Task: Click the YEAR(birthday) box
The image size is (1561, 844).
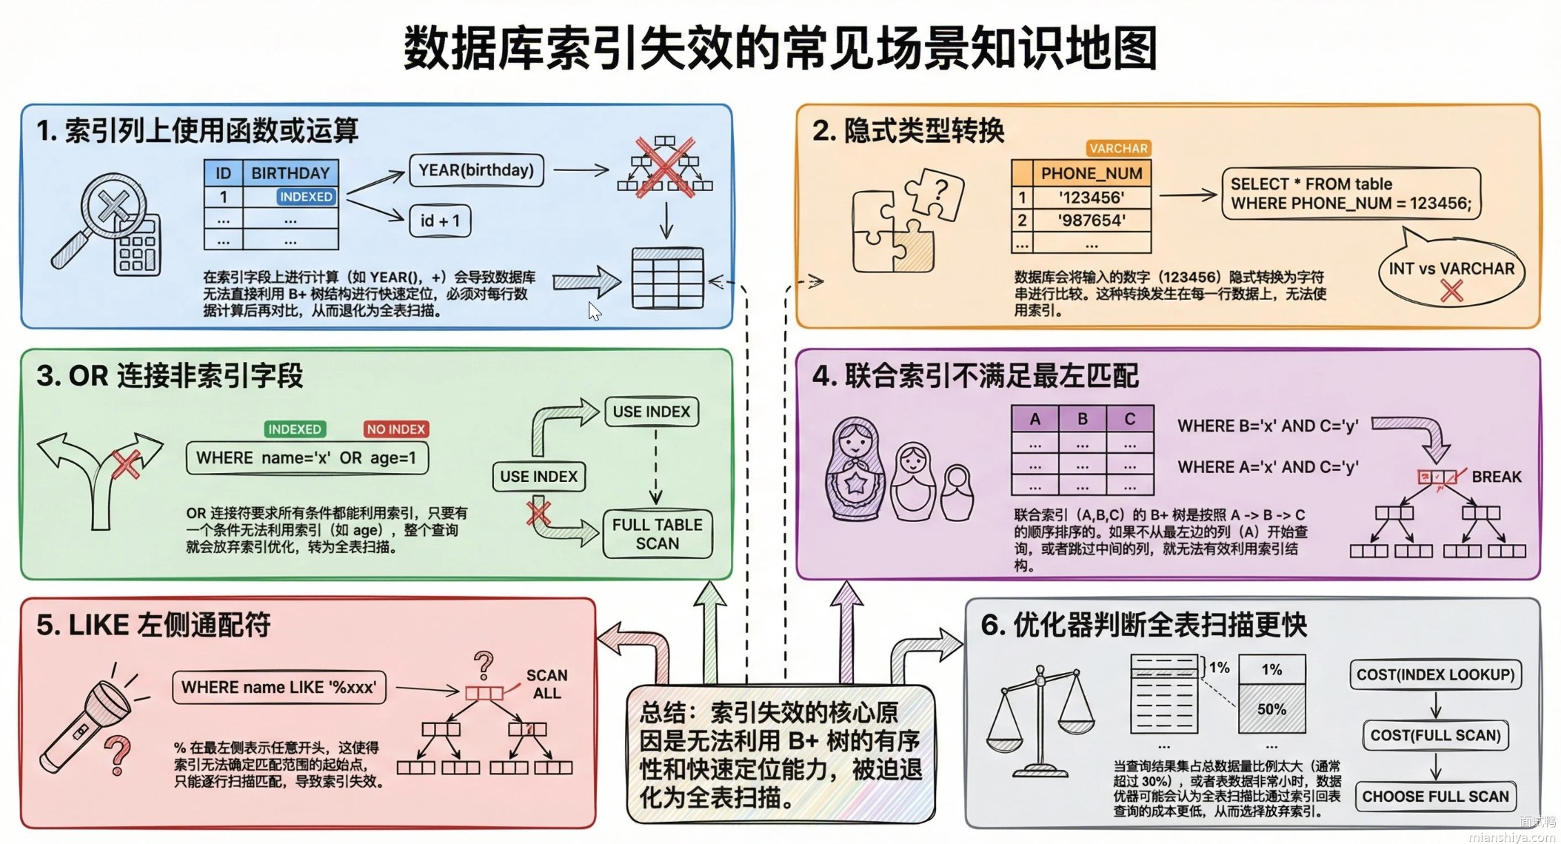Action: click(x=476, y=170)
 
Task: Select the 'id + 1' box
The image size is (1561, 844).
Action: click(x=440, y=221)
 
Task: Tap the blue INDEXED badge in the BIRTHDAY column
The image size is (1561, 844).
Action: click(x=306, y=197)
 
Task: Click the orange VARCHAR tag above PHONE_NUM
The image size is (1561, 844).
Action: click(x=1118, y=148)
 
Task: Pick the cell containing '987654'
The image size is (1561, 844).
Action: click(x=1092, y=220)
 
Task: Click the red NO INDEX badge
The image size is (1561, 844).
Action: click(x=396, y=429)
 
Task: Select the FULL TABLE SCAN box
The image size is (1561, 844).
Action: click(x=657, y=534)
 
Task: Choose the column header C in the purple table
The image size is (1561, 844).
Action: click(x=1129, y=419)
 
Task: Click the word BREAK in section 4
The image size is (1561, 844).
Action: click(x=1496, y=477)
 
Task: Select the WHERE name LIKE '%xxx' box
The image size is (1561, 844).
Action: click(x=278, y=687)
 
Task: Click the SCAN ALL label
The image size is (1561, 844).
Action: click(x=546, y=684)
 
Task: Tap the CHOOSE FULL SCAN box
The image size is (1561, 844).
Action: click(x=1435, y=797)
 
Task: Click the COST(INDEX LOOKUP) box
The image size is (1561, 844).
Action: click(x=1435, y=674)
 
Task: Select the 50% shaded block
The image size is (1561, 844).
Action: click(x=1271, y=709)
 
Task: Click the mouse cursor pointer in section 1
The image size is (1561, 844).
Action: click(x=594, y=311)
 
